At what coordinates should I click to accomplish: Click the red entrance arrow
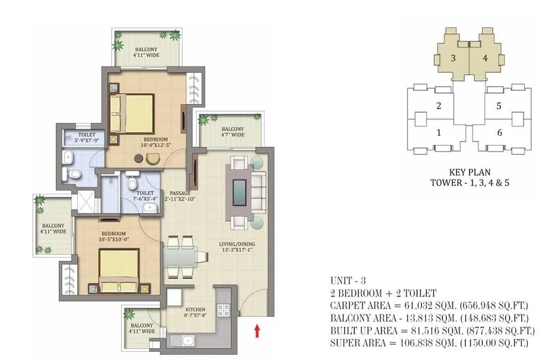click(257, 330)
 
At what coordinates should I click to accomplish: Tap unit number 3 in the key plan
click(453, 57)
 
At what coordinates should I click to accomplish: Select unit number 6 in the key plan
click(498, 132)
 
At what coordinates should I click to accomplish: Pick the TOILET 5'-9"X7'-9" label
click(86, 138)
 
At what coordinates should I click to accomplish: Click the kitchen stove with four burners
click(224, 310)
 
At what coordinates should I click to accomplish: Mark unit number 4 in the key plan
click(485, 57)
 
